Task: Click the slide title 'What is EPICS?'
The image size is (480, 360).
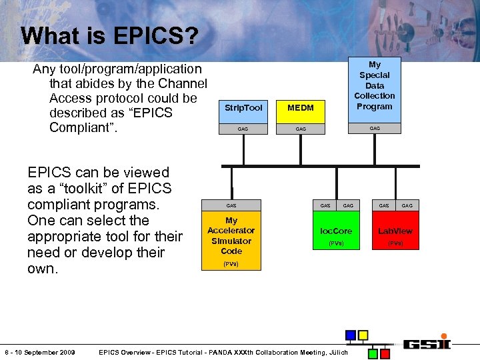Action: (x=109, y=35)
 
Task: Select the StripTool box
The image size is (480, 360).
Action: (x=243, y=107)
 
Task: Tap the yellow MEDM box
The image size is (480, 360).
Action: (x=300, y=107)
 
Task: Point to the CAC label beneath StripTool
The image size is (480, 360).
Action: (x=243, y=129)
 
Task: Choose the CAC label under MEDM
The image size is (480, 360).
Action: (x=300, y=129)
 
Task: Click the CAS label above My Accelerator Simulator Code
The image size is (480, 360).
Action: (x=231, y=205)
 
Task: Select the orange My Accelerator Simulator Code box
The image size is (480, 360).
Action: (x=231, y=241)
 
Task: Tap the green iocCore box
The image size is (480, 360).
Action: (x=336, y=231)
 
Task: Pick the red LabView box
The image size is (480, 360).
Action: (x=395, y=231)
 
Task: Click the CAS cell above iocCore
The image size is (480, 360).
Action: (x=325, y=205)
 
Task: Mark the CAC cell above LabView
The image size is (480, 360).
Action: (x=407, y=205)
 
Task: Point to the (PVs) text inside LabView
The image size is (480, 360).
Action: (x=395, y=243)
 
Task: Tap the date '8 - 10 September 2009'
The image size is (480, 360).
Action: (x=39, y=352)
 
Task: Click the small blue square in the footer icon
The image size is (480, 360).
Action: (x=351, y=335)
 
